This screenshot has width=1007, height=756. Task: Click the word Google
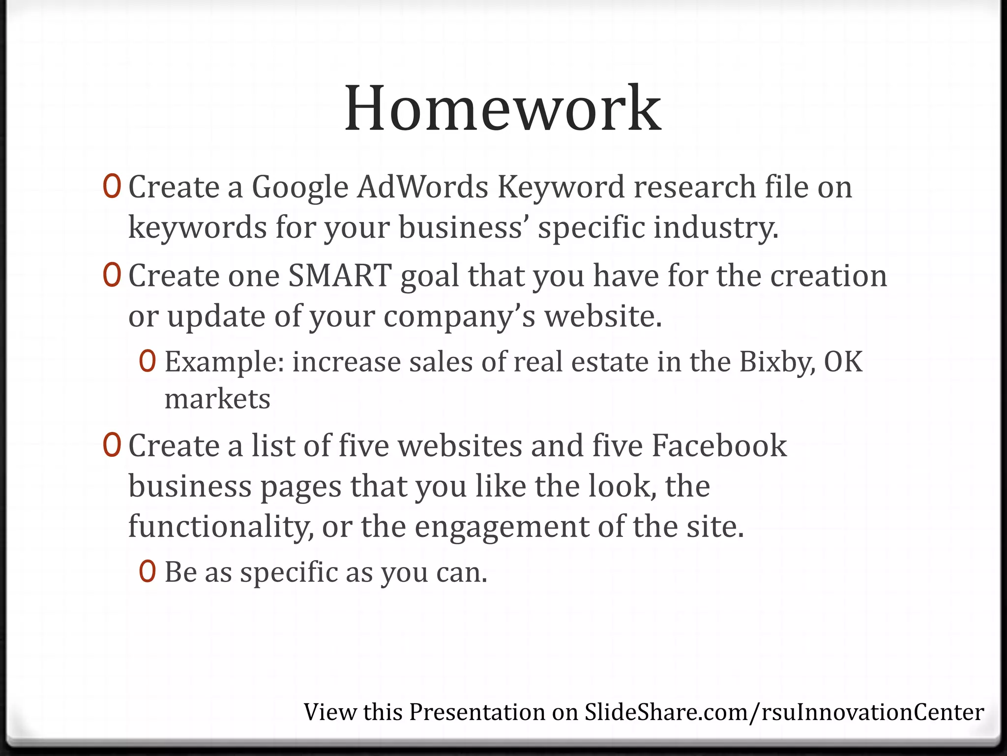(300, 188)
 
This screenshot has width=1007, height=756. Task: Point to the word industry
(716, 228)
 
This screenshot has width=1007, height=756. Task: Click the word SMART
(340, 276)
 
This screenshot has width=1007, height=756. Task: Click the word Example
(224, 363)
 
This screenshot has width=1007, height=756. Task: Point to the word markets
(217, 399)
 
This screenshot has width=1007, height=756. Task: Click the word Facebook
(719, 446)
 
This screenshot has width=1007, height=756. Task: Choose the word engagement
(502, 527)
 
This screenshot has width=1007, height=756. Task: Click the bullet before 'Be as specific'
(148, 571)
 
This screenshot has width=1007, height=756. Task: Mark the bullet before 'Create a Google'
(112, 187)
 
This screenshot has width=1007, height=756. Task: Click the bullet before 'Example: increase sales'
(148, 362)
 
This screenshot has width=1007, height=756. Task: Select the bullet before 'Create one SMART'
(112, 276)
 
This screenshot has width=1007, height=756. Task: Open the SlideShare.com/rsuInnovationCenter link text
(784, 712)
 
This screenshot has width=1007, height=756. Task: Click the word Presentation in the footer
(477, 712)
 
